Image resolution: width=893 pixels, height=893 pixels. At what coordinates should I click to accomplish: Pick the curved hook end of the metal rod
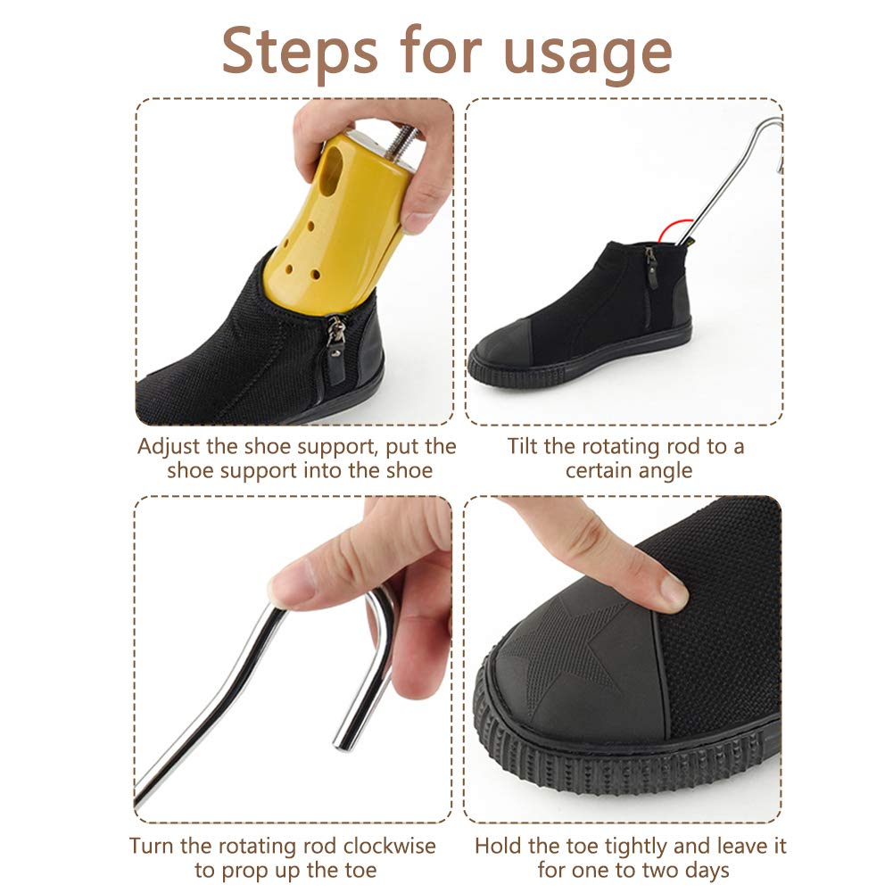[774, 143]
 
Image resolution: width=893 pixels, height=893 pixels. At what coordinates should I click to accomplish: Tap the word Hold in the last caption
[495, 845]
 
